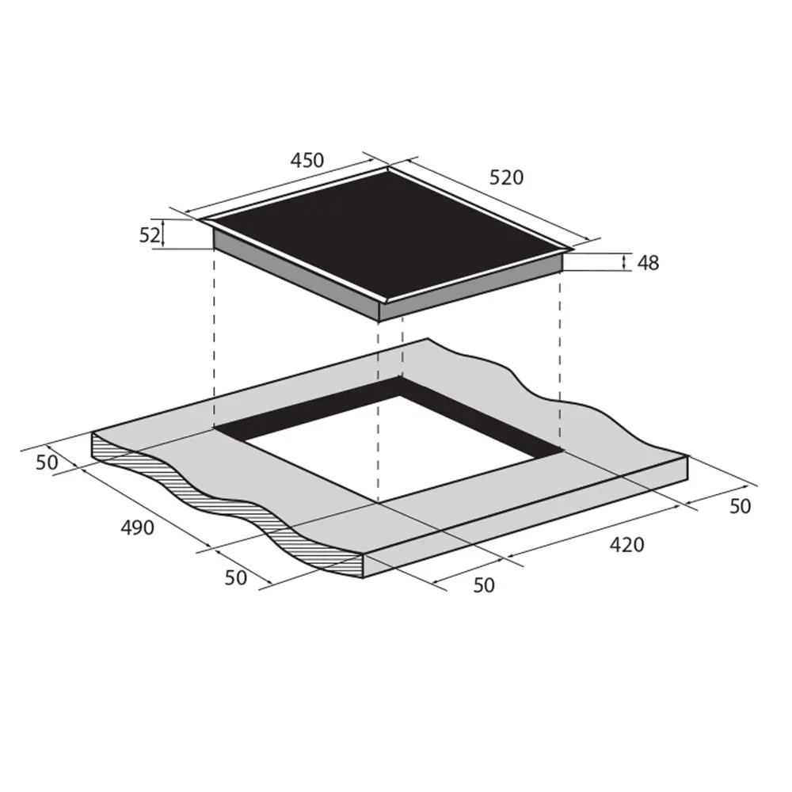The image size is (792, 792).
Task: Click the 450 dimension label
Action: click(x=307, y=160)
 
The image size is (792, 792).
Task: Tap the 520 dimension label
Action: click(x=506, y=177)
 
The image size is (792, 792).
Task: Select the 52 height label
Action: click(x=150, y=235)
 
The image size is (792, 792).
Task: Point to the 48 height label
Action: click(x=648, y=263)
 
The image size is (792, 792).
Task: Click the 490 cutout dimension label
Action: click(x=137, y=527)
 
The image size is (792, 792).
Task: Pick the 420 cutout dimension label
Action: click(x=626, y=545)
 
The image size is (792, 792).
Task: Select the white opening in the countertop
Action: click(x=389, y=450)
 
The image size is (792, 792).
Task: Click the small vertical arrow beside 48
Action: click(x=624, y=262)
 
